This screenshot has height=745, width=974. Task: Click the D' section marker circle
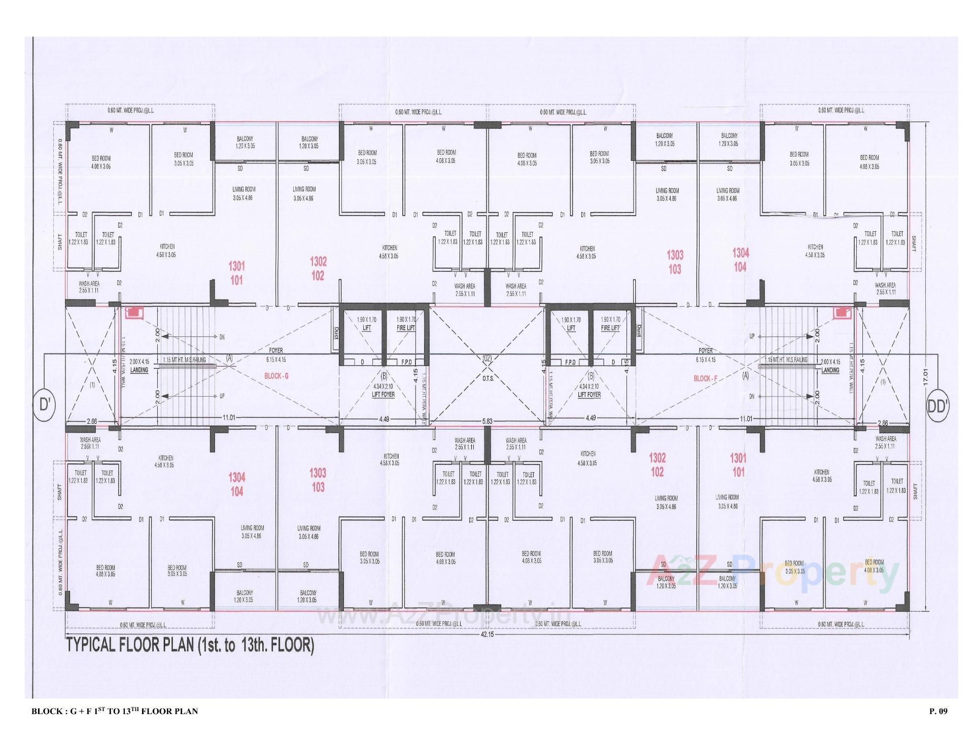coord(45,405)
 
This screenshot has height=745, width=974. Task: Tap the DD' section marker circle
coord(937,406)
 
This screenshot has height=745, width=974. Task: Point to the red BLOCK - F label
coord(706,378)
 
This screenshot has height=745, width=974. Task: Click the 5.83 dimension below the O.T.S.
coord(487,420)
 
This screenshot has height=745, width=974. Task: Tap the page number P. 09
coord(938,711)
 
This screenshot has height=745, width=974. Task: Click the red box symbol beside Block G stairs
coord(134,313)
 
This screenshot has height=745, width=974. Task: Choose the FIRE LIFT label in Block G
coord(406,328)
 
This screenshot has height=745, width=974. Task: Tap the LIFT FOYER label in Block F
coord(589,394)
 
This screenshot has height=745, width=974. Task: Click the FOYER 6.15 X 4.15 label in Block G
coord(276,354)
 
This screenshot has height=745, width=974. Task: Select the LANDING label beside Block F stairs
coord(830,370)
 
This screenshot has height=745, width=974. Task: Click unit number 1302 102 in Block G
coord(318,269)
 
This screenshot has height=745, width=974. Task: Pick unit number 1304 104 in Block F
coord(740,260)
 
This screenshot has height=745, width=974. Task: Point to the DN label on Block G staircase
coord(222,337)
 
